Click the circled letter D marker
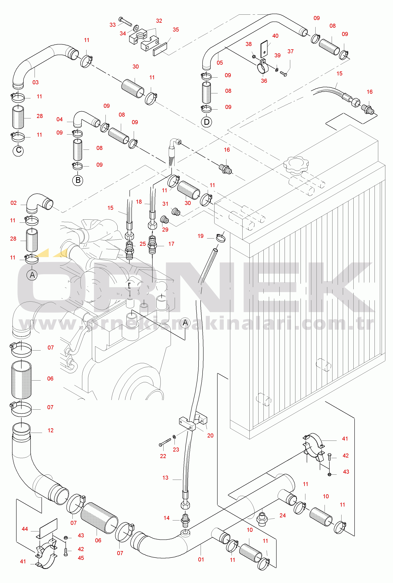pos(206,122)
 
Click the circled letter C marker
pos(18,151)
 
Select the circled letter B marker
pos(78,180)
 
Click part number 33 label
pos(112,25)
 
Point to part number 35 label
pos(176,30)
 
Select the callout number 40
pos(275,36)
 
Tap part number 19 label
pos(200,236)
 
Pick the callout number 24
pos(282,515)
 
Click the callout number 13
pos(165,478)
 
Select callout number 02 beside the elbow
pos(13,203)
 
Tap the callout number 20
pos(210,436)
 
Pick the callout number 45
pos(81,558)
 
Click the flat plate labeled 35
pos(160,49)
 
